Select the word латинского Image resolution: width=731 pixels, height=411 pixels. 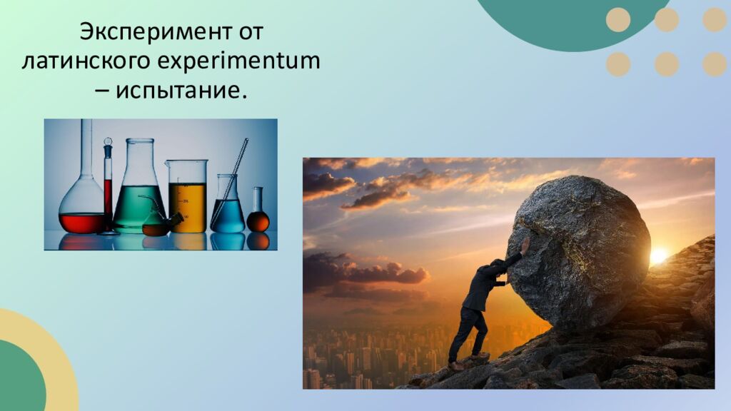[85, 61]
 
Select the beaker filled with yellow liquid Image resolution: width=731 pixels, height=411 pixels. [187, 200]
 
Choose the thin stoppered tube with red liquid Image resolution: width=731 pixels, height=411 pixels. [108, 186]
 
